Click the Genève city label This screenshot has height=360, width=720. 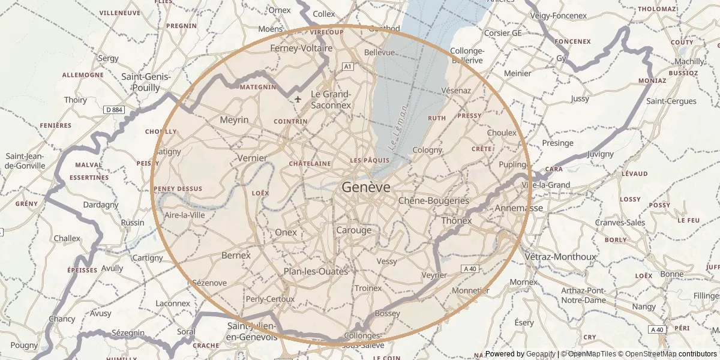[x=366, y=187]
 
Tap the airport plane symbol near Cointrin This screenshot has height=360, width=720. [x=298, y=99]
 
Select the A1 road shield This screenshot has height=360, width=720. [x=348, y=67]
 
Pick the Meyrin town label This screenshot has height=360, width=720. [x=234, y=120]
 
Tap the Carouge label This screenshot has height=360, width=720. [x=353, y=230]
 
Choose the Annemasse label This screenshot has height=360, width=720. [x=518, y=208]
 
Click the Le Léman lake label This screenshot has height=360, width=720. [x=398, y=127]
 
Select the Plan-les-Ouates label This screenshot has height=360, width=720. [x=316, y=271]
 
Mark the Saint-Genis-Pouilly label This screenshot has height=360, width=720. [x=146, y=82]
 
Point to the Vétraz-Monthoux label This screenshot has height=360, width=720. [x=560, y=257]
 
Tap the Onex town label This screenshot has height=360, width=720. [x=286, y=232]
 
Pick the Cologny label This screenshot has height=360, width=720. [x=427, y=150]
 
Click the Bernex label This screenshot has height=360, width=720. [x=236, y=255]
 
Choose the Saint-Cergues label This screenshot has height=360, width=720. [x=671, y=101]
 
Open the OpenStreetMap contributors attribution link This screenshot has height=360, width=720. [x=667, y=354]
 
